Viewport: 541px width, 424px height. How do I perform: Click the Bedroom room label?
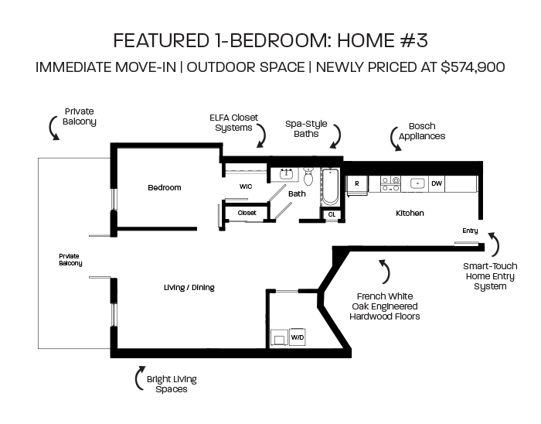coord(164,188)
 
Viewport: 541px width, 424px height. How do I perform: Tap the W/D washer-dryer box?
coord(297,337)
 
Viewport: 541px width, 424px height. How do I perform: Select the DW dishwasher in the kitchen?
coord(437,183)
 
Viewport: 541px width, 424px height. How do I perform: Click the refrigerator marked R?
coord(357,184)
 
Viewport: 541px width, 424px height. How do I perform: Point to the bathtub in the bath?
coord(330,186)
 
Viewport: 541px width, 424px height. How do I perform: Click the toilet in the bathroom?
coord(308,176)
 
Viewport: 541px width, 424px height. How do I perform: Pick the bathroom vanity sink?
coord(286,174)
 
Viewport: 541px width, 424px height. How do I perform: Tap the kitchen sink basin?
coord(417,183)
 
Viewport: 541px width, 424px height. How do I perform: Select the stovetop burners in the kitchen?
coord(390,184)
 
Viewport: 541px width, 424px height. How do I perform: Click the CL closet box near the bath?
coord(332,215)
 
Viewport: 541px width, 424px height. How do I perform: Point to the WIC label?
coord(246,186)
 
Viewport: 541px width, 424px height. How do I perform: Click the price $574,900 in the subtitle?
coord(473,67)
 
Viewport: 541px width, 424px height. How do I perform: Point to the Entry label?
coord(470,231)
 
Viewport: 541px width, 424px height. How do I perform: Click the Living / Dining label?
coord(189,288)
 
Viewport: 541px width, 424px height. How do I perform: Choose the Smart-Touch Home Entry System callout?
coord(490,276)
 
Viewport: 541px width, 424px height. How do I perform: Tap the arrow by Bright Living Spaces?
coord(140,378)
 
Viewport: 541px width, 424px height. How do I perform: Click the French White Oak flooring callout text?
coord(385,306)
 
